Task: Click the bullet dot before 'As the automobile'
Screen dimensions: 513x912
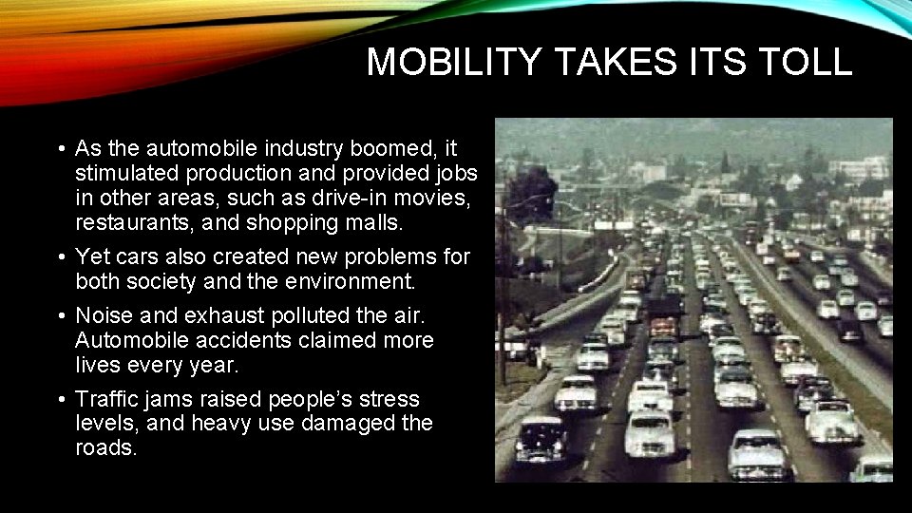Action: point(60,150)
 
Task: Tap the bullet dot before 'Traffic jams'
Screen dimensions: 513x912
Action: point(60,400)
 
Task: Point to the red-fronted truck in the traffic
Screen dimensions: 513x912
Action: point(664,324)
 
